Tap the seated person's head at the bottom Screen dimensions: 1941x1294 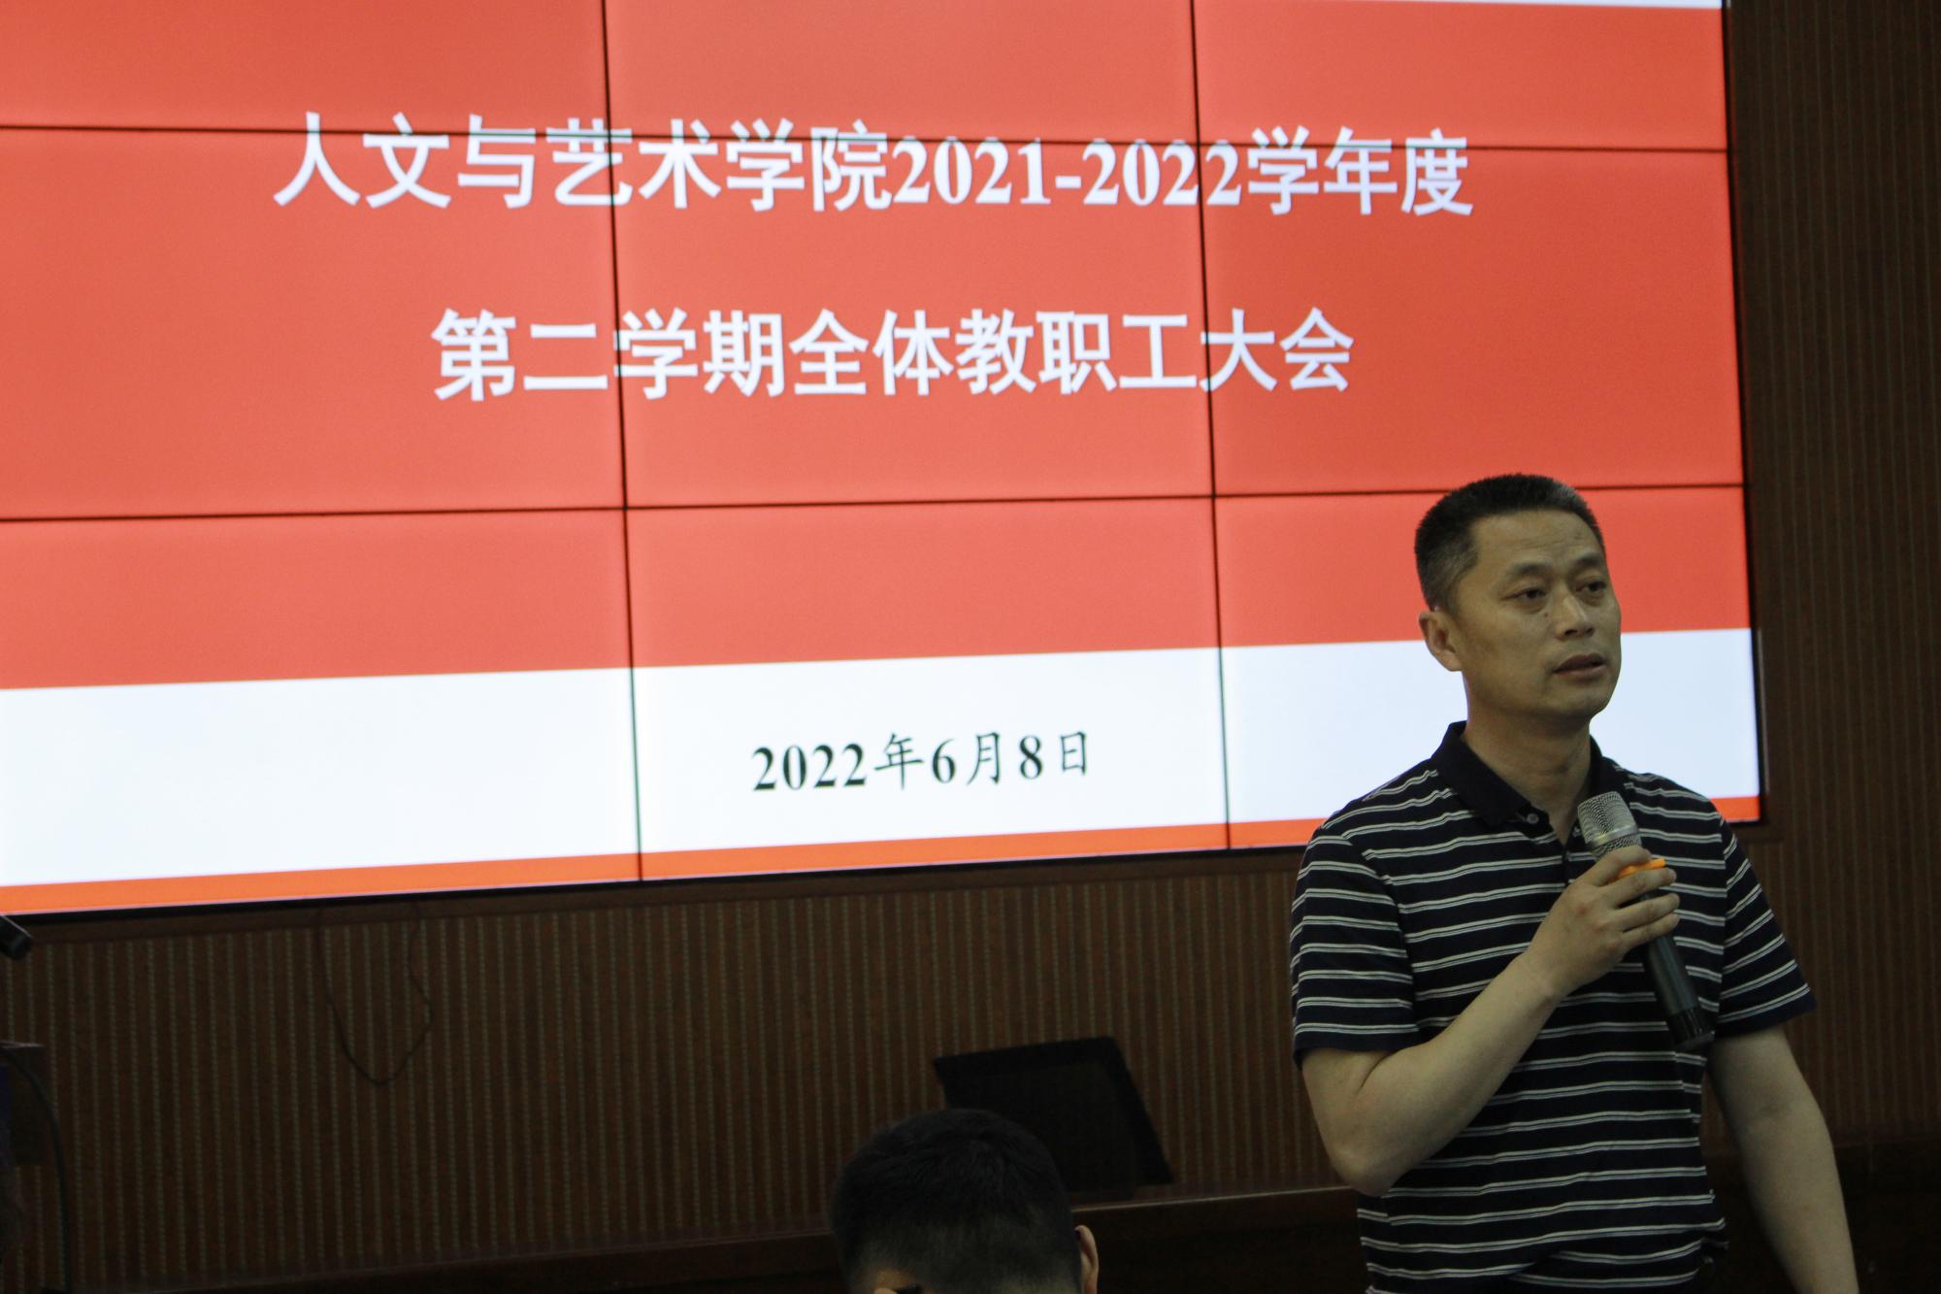point(956,1204)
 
